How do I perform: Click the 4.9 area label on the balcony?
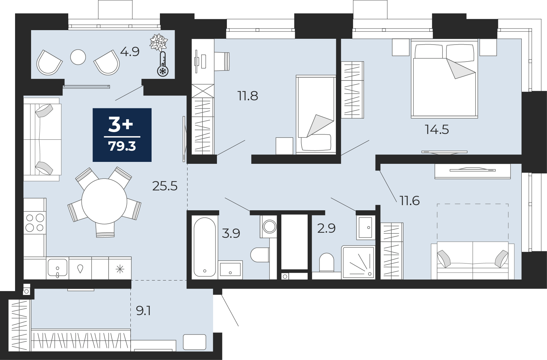[x=130, y=52]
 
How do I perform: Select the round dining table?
[x=104, y=201]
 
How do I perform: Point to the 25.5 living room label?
[x=165, y=186]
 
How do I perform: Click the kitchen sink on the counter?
[x=58, y=268]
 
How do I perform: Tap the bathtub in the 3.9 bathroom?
[x=205, y=247]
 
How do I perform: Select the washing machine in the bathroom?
[x=269, y=226]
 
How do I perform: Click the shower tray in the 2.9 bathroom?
[x=358, y=262]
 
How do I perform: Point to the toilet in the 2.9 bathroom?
[x=327, y=262]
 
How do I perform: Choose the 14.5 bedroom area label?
[x=437, y=130]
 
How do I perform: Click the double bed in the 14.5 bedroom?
[x=444, y=79]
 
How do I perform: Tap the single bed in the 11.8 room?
[x=316, y=115]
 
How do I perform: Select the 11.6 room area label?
[x=410, y=201]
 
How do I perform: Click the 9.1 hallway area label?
[x=143, y=311]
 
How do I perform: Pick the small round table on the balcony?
[x=78, y=57]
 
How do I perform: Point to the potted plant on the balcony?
[x=159, y=42]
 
